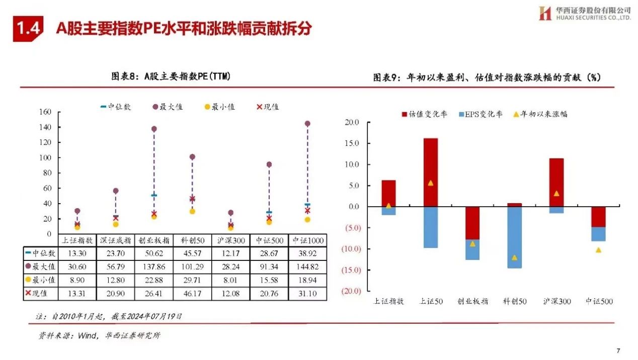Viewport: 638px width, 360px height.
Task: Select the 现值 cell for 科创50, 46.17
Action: [x=192, y=294]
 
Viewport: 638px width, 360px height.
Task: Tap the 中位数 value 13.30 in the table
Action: [x=77, y=253]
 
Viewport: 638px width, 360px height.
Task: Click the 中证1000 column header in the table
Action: [x=307, y=240]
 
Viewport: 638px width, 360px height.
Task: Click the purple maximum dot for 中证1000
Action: [x=307, y=124]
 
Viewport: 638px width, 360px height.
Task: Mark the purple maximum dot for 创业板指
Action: [x=154, y=129]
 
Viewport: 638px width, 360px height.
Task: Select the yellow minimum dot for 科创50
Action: [x=192, y=211]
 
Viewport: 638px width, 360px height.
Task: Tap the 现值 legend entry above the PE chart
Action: [x=268, y=107]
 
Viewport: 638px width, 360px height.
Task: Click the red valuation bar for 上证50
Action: [x=430, y=172]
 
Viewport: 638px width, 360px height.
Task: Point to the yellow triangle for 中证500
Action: [x=598, y=250]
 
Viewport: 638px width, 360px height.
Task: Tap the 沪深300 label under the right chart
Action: [x=556, y=302]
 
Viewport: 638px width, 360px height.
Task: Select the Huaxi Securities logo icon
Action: [x=545, y=14]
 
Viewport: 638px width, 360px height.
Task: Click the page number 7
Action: [x=618, y=350]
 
